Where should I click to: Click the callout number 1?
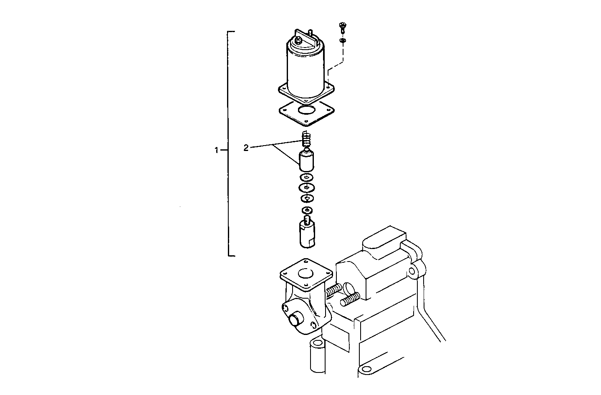(216, 150)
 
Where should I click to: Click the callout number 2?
(246, 148)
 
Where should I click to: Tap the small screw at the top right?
(342, 28)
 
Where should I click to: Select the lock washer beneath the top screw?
(343, 40)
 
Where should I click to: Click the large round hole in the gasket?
(307, 111)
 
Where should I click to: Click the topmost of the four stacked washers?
(307, 178)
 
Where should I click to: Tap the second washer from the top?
(307, 188)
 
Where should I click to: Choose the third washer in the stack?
(307, 198)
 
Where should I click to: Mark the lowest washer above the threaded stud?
(307, 209)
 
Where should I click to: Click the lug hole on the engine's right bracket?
(412, 272)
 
